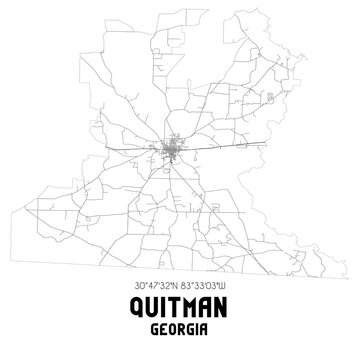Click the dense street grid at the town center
pos(172,152)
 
